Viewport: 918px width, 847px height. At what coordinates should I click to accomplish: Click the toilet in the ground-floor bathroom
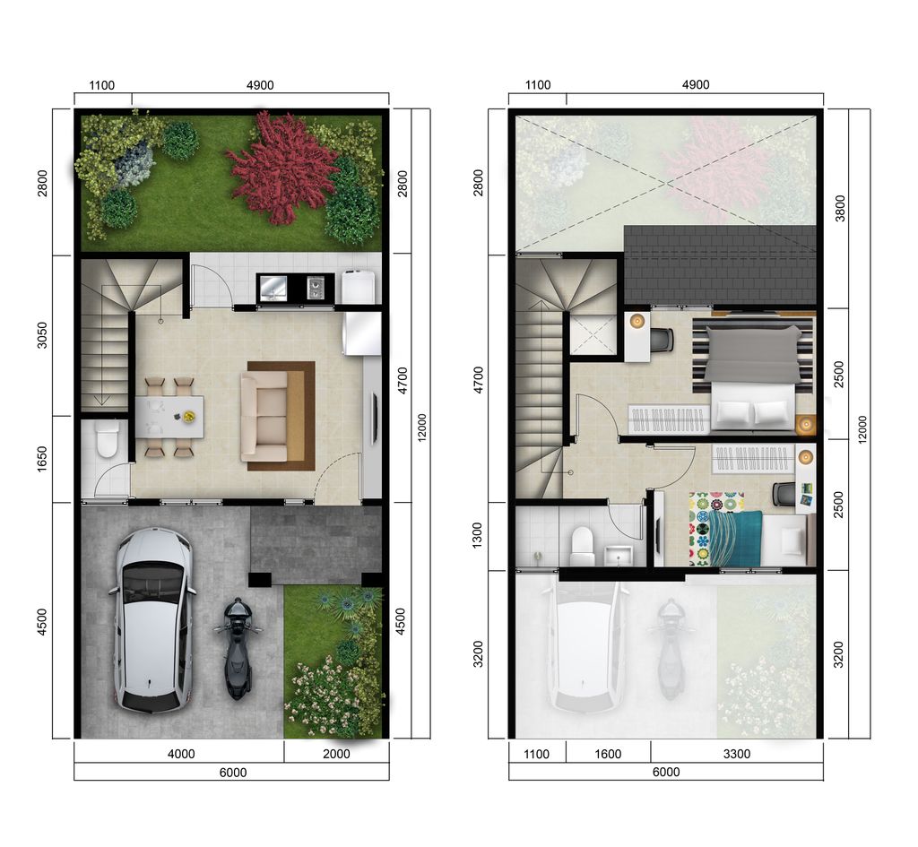click(x=107, y=439)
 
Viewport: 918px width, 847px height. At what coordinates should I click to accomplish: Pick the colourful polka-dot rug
click(x=715, y=529)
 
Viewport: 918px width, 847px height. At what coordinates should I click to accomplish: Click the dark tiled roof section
click(x=720, y=264)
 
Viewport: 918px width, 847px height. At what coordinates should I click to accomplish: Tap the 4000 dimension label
click(x=181, y=754)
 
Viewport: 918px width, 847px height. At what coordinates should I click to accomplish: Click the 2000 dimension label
click(x=336, y=754)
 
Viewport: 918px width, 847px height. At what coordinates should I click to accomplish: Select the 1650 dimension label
click(x=42, y=458)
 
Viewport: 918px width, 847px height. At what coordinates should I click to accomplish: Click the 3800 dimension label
click(x=839, y=207)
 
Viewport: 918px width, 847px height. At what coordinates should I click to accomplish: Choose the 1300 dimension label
click(x=477, y=536)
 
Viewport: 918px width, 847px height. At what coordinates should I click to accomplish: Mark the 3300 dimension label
click(x=736, y=754)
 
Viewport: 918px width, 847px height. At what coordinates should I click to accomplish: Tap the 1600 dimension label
click(x=608, y=754)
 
